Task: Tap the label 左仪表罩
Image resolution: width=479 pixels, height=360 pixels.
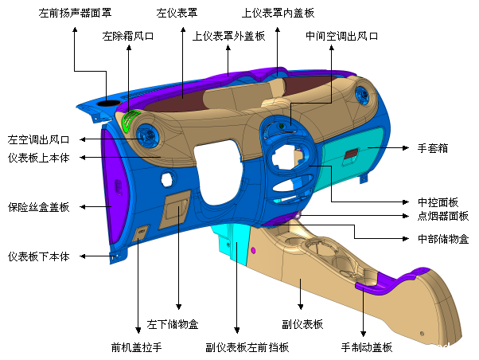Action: coord(177,13)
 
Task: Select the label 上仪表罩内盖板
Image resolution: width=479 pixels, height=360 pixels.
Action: coord(278,13)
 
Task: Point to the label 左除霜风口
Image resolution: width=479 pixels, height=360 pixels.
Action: coord(128,36)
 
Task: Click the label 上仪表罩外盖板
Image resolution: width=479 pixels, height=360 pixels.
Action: coord(228,36)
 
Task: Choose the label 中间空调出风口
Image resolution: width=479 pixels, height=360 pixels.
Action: coord(341,36)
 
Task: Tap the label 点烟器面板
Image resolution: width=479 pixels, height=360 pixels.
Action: coord(438,216)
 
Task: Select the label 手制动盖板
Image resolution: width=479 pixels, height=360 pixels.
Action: coord(367,347)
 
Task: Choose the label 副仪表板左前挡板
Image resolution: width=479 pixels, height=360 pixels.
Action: coord(247,347)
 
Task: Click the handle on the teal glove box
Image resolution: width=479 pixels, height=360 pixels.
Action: coord(350,154)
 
